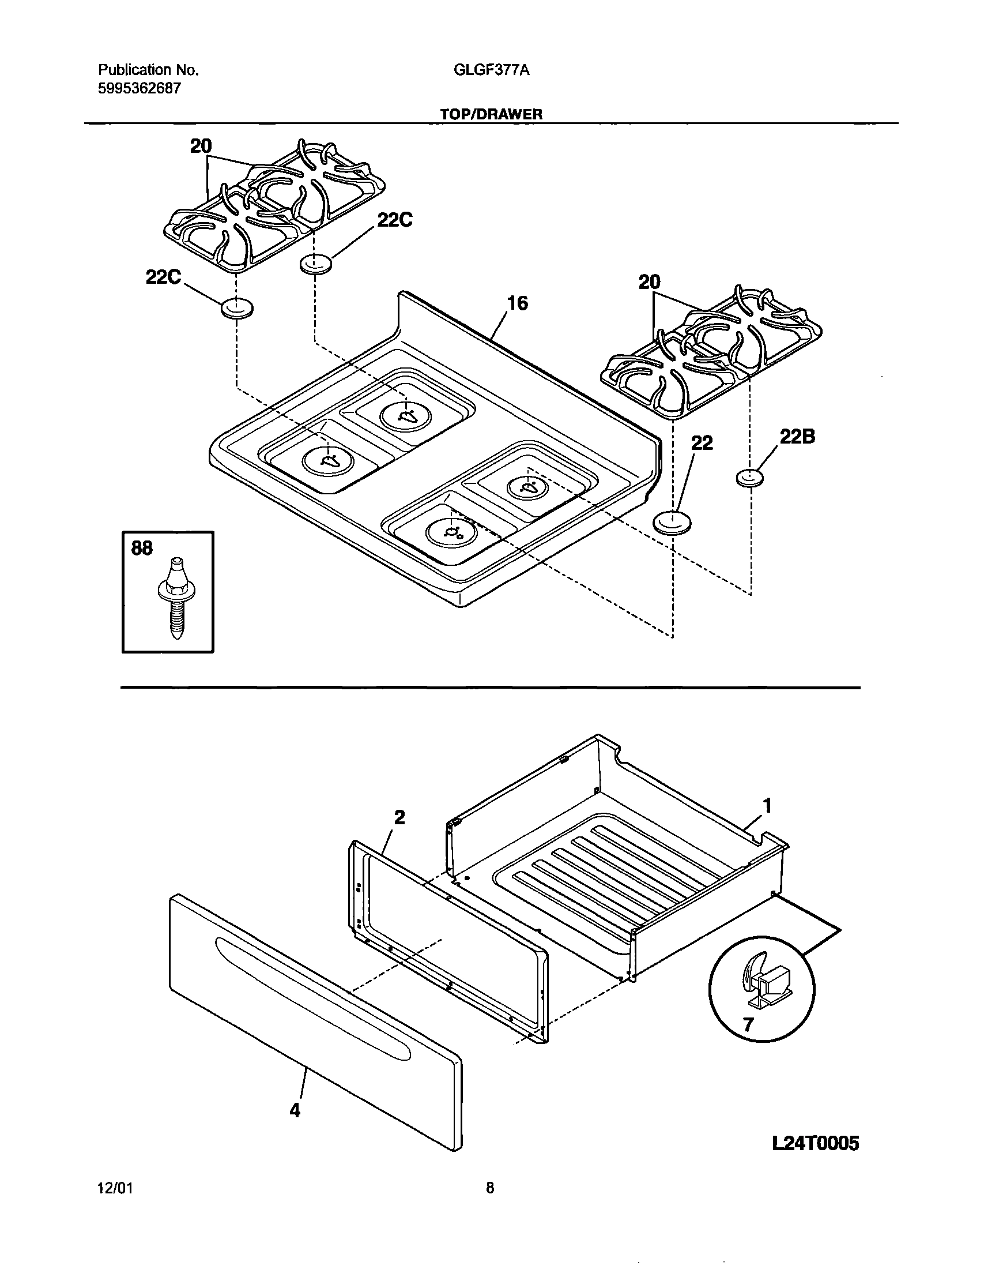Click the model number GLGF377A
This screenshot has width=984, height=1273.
click(x=491, y=70)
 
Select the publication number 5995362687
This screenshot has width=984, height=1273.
click(x=140, y=89)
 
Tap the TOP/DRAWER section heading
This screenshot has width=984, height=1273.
click(x=491, y=114)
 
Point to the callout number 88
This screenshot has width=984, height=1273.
click(x=142, y=548)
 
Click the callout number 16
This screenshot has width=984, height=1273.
click(x=517, y=303)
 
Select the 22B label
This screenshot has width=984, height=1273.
click(x=797, y=437)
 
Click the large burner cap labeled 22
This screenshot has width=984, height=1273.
click(x=673, y=521)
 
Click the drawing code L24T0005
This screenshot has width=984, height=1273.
click(x=815, y=1144)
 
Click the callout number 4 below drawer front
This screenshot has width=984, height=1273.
click(x=295, y=1111)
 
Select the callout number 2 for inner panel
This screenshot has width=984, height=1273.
click(x=399, y=818)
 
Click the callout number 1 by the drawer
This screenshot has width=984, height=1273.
click(x=767, y=806)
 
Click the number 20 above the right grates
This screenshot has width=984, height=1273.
click(x=650, y=283)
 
